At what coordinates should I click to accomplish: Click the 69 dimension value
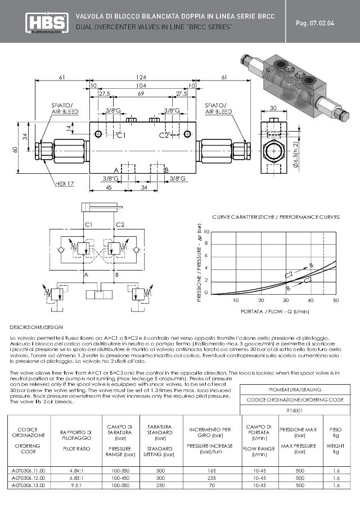point(141,93)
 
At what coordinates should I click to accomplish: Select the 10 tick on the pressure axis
point(206,232)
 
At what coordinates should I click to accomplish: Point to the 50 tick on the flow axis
point(335,300)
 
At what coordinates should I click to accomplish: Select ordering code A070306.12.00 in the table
point(28,477)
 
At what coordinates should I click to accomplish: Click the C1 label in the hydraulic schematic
point(88,224)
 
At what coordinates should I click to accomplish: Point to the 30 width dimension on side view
point(273,109)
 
